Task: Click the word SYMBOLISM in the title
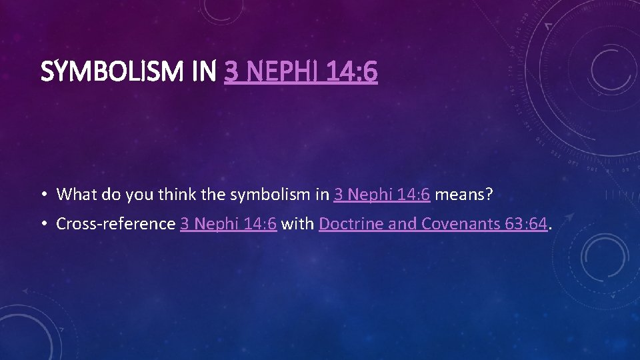click(x=114, y=72)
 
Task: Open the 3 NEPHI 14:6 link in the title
click(x=301, y=72)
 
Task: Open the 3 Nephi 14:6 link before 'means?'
click(x=382, y=194)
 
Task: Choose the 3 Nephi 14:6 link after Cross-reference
click(x=229, y=223)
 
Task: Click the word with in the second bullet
click(x=298, y=223)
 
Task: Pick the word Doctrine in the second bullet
click(x=351, y=223)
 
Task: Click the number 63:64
click(x=527, y=223)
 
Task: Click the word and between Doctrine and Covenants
click(x=401, y=223)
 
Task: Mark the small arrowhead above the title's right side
click(x=549, y=25)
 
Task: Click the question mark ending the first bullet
click(x=489, y=194)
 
